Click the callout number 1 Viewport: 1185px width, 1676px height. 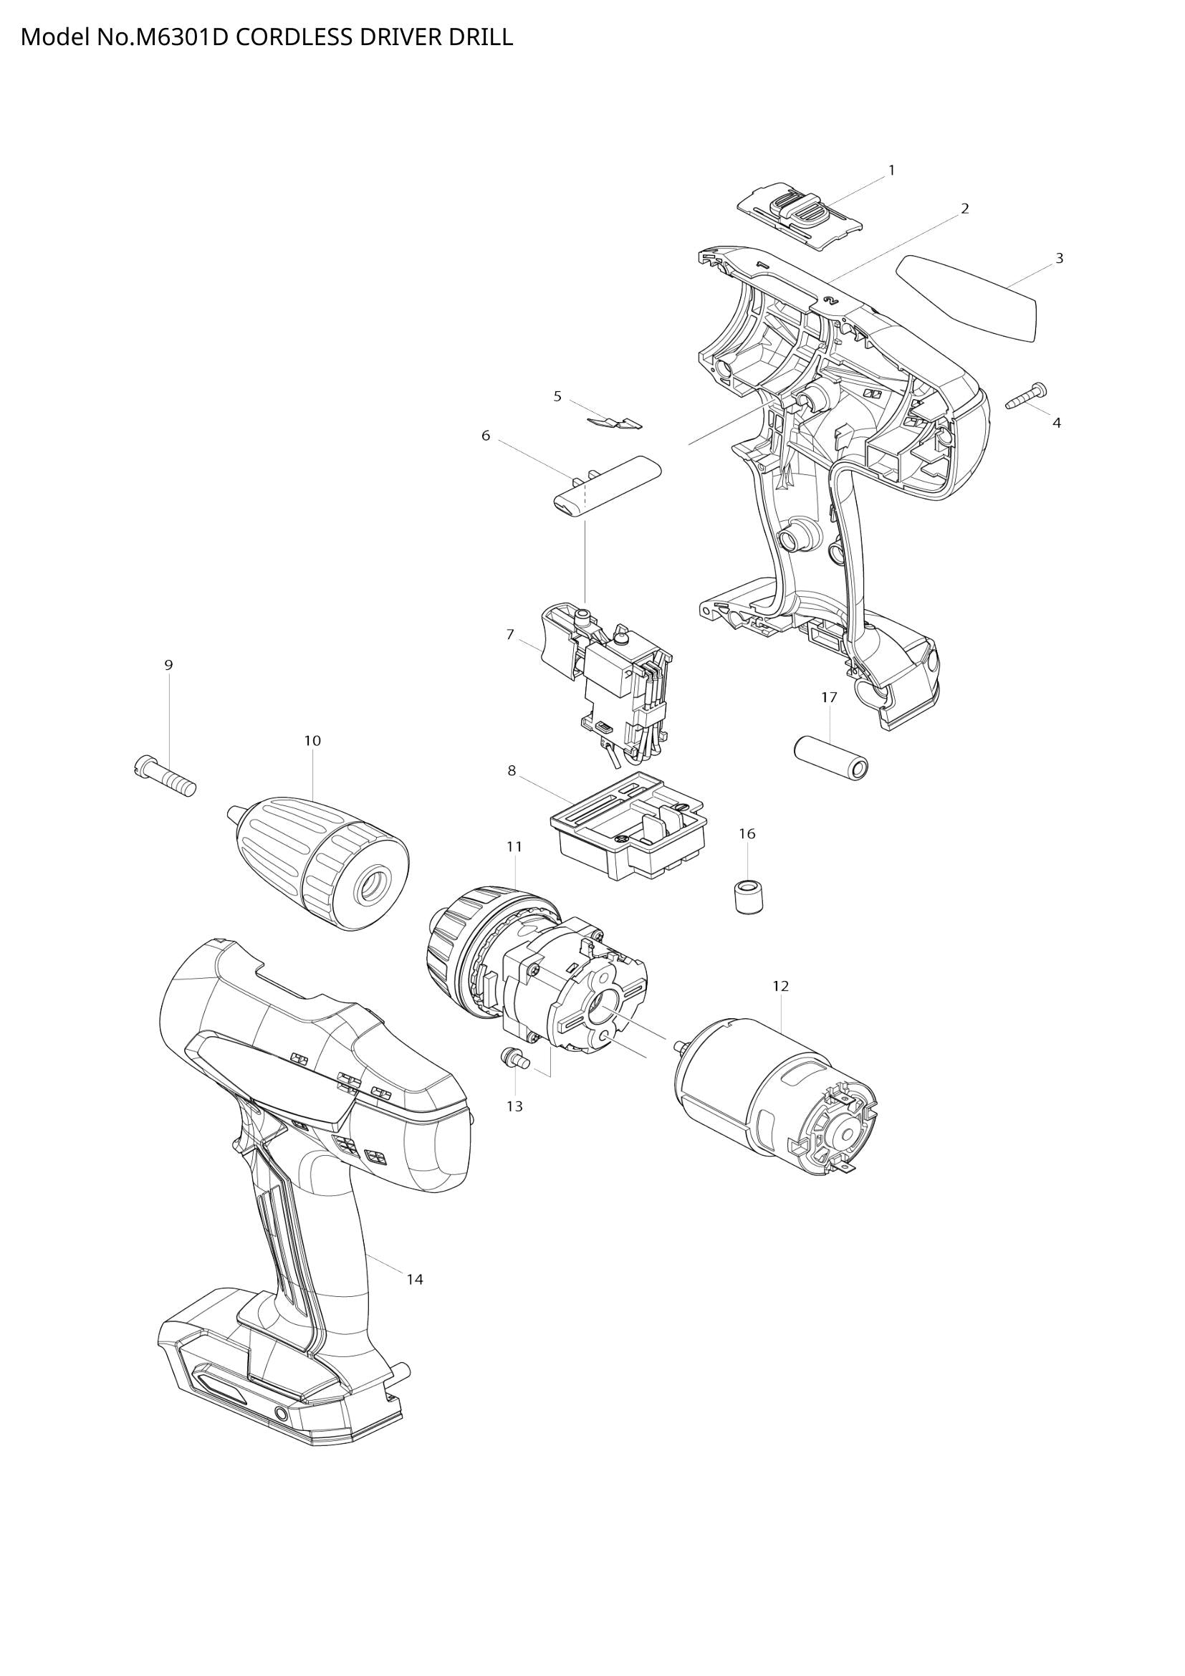pos(891,170)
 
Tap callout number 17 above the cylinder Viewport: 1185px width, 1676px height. pos(829,697)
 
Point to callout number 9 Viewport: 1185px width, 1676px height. pos(168,665)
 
